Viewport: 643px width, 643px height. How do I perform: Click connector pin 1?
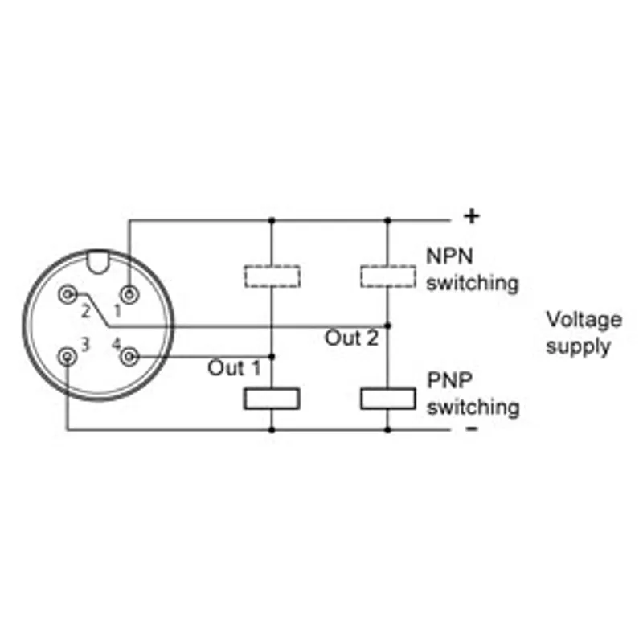(x=129, y=294)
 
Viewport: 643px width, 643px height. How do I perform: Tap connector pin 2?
(x=68, y=294)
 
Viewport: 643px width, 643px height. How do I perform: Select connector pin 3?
(x=68, y=357)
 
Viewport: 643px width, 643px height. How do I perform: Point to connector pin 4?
(x=129, y=357)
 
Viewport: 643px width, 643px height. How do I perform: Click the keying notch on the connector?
(x=98, y=263)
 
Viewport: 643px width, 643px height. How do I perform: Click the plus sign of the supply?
(x=472, y=216)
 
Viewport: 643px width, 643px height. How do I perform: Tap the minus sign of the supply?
(x=472, y=428)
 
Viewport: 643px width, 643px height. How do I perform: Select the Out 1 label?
(x=234, y=368)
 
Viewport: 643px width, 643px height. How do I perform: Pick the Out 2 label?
(x=351, y=338)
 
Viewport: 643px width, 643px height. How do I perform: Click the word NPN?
(x=450, y=256)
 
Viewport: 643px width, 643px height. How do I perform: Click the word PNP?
(x=449, y=380)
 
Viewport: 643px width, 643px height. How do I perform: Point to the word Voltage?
(x=584, y=320)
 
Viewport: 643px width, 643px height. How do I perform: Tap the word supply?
(x=578, y=347)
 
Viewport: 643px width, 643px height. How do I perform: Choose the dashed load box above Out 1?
(x=272, y=276)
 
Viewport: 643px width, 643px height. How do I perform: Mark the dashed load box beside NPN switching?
(x=388, y=276)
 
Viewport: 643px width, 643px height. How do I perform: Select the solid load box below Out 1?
(x=272, y=399)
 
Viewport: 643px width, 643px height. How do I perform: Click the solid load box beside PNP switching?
(x=388, y=399)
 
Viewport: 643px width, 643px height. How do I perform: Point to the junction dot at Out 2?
(x=388, y=326)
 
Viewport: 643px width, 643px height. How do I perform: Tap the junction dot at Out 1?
(x=272, y=357)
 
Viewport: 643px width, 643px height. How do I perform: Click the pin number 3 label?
(x=85, y=345)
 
